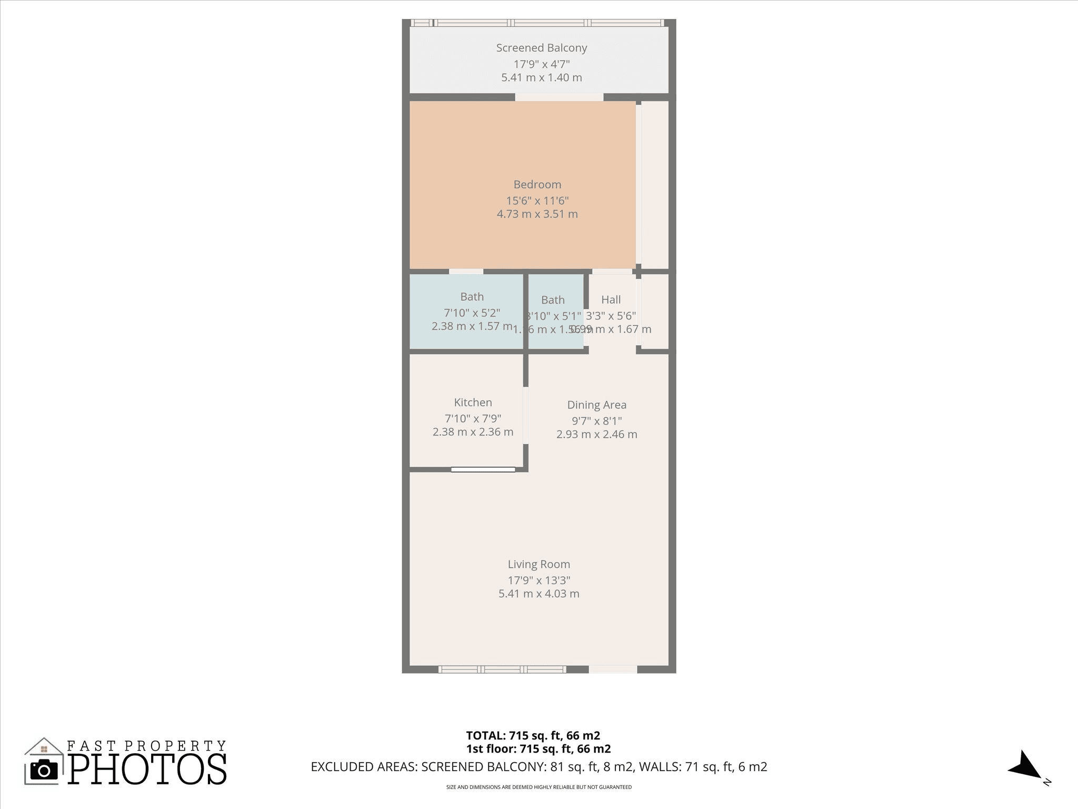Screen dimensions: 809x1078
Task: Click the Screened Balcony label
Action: pyautogui.click(x=541, y=48)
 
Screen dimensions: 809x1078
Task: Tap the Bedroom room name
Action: pyautogui.click(x=537, y=184)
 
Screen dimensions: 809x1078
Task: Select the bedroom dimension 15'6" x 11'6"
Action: pyautogui.click(x=537, y=201)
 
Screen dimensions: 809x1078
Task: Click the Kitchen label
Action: pyautogui.click(x=473, y=402)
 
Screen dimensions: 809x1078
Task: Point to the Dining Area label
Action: pyautogui.click(x=596, y=405)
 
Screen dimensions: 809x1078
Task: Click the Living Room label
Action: pyautogui.click(x=538, y=564)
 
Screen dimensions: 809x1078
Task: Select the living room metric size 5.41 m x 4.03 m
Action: pyautogui.click(x=538, y=594)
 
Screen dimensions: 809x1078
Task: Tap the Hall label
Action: pyautogui.click(x=611, y=300)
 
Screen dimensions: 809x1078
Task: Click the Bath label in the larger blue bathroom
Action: pyautogui.click(x=472, y=297)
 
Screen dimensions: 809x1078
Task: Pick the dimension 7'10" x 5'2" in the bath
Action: pyautogui.click(x=472, y=313)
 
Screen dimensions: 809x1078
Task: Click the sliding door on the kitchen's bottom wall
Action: pyautogui.click(x=483, y=469)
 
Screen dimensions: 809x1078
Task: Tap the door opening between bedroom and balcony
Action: pyautogui.click(x=558, y=97)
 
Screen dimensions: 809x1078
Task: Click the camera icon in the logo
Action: pyautogui.click(x=44, y=770)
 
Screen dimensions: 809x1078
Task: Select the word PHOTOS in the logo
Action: pyautogui.click(x=147, y=769)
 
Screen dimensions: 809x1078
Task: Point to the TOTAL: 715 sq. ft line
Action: pyautogui.click(x=533, y=735)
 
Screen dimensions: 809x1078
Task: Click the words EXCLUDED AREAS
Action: pyautogui.click(x=364, y=767)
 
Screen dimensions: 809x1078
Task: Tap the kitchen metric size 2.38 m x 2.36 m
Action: pyautogui.click(x=473, y=432)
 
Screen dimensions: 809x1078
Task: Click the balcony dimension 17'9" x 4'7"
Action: pyautogui.click(x=541, y=64)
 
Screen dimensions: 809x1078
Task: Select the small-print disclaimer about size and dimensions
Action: pyautogui.click(x=538, y=787)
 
